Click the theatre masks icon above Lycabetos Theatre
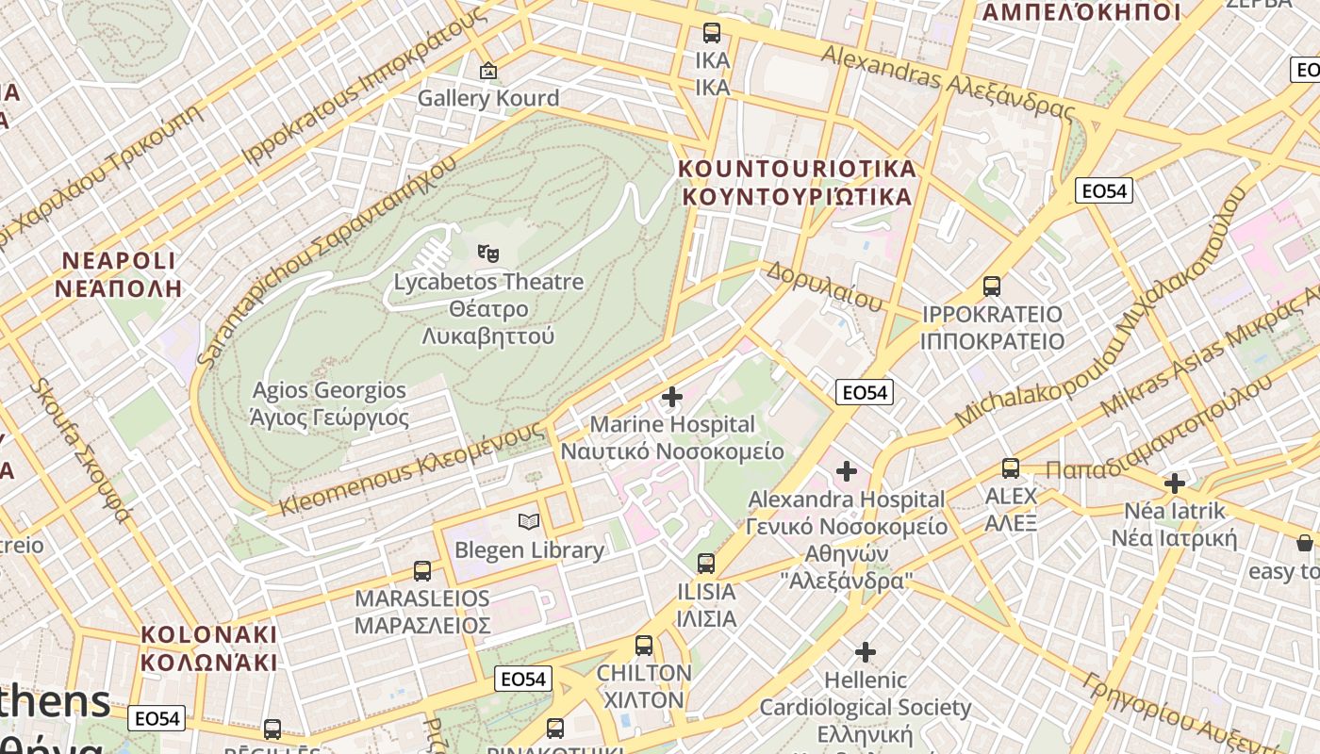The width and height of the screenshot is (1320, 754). [x=487, y=253]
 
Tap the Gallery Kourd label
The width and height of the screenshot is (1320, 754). [x=487, y=98]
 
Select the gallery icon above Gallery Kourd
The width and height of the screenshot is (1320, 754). [x=487, y=71]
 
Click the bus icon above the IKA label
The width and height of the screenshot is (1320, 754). [x=712, y=33]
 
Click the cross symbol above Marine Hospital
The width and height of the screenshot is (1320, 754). [x=671, y=397]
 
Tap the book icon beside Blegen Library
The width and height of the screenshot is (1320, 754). [x=529, y=521]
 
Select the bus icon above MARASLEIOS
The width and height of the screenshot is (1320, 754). [x=421, y=570]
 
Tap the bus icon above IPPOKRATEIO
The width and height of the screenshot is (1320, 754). [x=991, y=286]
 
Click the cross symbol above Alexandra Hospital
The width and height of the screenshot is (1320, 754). [x=846, y=470]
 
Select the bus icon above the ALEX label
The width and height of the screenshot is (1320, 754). [x=1010, y=467]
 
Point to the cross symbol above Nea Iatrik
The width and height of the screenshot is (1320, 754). [x=1174, y=484]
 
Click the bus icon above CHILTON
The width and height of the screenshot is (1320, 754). [x=644, y=646]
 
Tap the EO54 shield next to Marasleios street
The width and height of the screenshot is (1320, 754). [x=523, y=679]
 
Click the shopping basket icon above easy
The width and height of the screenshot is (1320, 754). [x=1304, y=543]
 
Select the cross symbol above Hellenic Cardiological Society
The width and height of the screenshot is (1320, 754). [x=865, y=651]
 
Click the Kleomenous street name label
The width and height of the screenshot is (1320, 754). [x=412, y=470]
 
